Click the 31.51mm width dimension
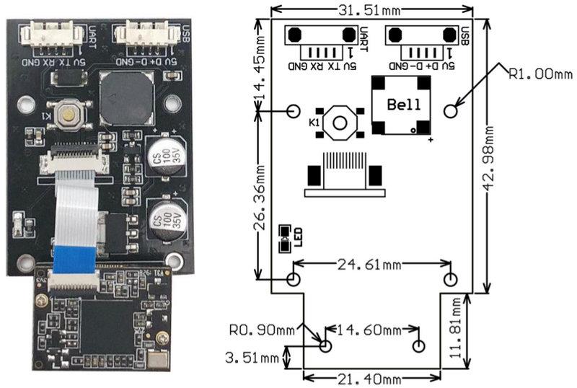[x=371, y=10]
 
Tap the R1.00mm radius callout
[x=540, y=73]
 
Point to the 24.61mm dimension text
[x=370, y=265]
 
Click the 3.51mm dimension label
[x=252, y=357]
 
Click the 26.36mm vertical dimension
[x=260, y=196]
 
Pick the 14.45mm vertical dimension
[x=260, y=63]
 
